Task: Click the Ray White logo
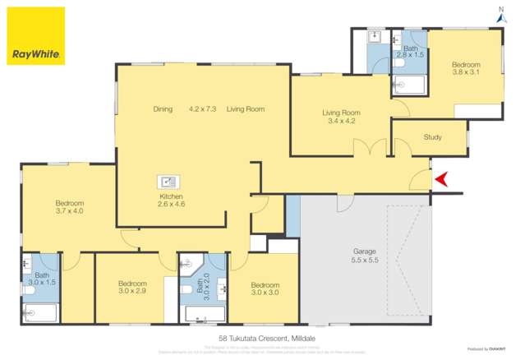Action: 36,36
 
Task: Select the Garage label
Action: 365,252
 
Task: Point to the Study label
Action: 433,137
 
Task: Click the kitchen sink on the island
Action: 168,182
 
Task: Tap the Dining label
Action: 163,109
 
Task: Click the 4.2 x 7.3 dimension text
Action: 202,109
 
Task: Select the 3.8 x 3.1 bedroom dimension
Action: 465,72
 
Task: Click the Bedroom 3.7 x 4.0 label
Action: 70,207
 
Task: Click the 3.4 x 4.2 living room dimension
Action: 341,121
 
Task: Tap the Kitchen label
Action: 171,197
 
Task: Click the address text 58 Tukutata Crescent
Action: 262,338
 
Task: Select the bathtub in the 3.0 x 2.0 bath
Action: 202,313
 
